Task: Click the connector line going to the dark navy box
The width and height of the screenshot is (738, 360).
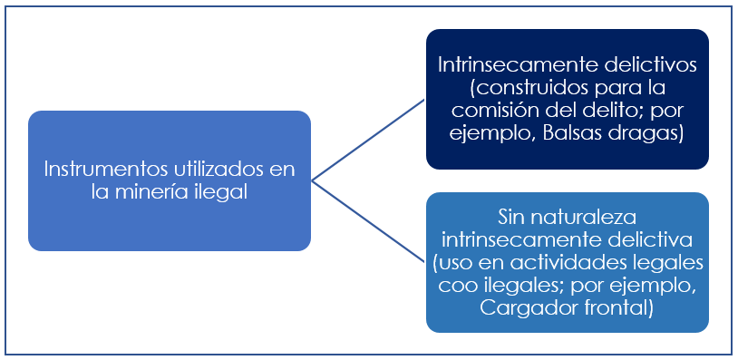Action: click(x=368, y=141)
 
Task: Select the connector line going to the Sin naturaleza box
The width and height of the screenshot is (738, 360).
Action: click(x=368, y=222)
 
